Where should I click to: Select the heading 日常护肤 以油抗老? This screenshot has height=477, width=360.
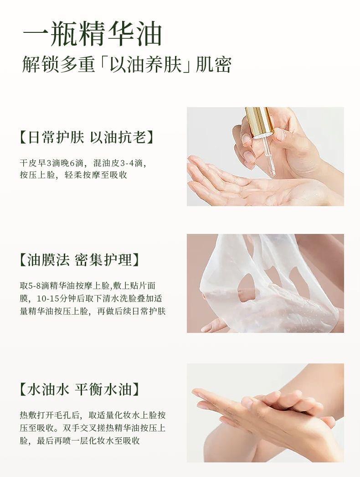86,137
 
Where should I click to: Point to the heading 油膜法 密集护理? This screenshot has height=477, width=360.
80,260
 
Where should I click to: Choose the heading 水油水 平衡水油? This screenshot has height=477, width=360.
80,389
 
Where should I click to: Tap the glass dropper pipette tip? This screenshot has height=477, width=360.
273,174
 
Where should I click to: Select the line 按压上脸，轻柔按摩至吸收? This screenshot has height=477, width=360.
73,175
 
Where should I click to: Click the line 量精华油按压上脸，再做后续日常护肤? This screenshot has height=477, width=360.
93,311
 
